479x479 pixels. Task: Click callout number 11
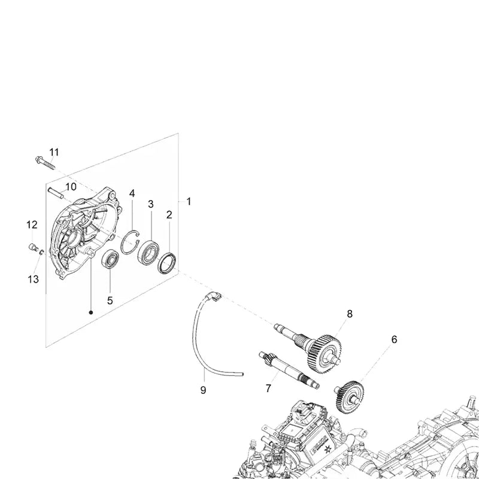(x=54, y=152)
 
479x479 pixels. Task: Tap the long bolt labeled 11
(x=45, y=163)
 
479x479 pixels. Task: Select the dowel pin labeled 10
(x=56, y=193)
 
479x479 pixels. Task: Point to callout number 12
(x=32, y=225)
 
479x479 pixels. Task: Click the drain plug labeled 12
(x=33, y=247)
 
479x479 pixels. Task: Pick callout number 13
(x=34, y=279)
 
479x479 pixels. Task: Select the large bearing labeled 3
(x=148, y=252)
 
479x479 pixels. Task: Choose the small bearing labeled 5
(x=110, y=259)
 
